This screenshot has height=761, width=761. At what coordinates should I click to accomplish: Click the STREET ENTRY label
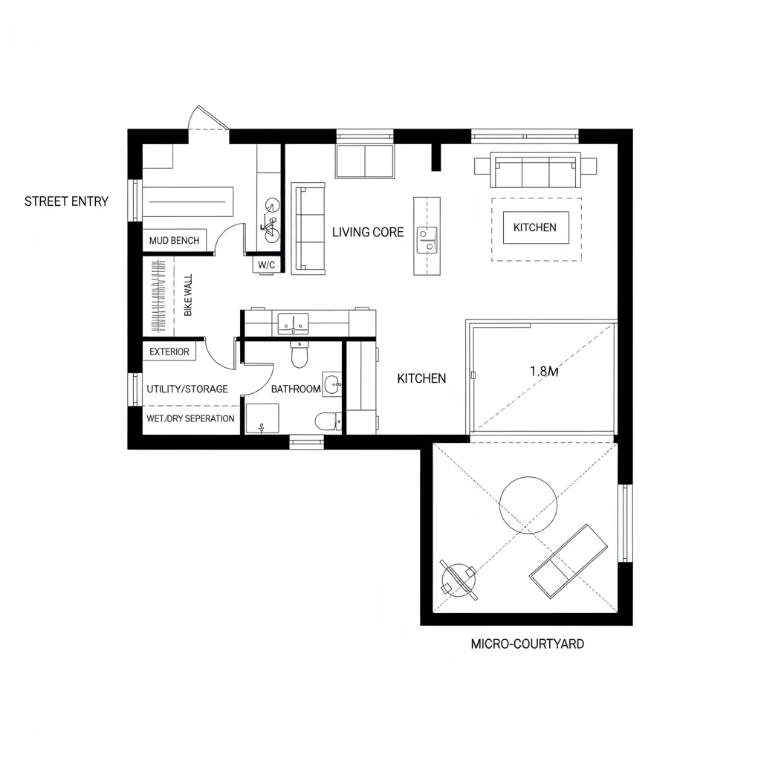pos(66,201)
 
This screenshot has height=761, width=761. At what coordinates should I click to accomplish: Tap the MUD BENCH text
pos(174,240)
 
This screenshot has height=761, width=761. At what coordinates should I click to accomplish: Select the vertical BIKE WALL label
pos(188,296)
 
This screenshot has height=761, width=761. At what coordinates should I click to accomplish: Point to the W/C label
pos(266,265)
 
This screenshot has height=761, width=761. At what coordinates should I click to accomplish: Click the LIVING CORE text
pos(368,232)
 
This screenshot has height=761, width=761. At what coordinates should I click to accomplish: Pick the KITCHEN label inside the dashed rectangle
pos(535,227)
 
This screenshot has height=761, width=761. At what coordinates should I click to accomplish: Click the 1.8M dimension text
pos(544,372)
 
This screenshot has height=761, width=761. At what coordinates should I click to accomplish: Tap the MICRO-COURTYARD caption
pos(527,644)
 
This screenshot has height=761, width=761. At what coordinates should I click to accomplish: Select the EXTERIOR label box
pos(169,352)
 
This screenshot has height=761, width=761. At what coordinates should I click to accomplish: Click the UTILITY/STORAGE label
pos(187,389)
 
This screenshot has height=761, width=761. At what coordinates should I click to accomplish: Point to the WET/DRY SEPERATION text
pos(190,418)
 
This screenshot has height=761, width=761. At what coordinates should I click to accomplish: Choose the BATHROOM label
pos(296,389)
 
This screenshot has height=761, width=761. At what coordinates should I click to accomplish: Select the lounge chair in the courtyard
pos(569,561)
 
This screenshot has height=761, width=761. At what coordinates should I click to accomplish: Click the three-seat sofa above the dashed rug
pos(535,172)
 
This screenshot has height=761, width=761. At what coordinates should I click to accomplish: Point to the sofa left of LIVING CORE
pos(308,228)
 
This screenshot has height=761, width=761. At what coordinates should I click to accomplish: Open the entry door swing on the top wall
pos(207,120)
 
